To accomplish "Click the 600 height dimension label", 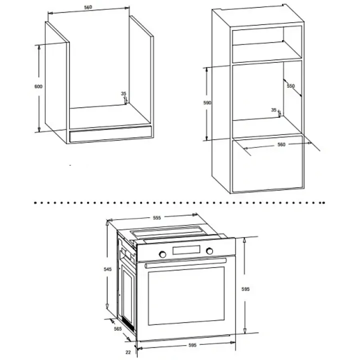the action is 38,86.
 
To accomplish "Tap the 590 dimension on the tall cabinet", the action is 207,102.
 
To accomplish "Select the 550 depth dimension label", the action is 290,86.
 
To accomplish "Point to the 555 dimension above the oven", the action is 157,217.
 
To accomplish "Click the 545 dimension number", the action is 107,269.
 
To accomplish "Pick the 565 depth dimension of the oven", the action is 118,329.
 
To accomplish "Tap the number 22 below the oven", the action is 128,352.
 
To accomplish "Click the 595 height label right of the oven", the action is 245,289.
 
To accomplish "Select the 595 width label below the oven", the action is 192,345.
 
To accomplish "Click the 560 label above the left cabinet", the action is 88,7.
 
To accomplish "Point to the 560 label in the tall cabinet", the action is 281,144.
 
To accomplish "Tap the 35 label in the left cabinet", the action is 123,93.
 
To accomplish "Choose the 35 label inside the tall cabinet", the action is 273,110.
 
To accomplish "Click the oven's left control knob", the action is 162,254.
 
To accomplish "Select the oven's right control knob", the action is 209,251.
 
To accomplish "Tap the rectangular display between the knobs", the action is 186,250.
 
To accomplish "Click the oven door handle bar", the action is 185,263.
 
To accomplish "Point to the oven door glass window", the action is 186,296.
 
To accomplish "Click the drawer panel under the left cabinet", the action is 110,134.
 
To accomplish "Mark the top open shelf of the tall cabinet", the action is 267,44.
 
